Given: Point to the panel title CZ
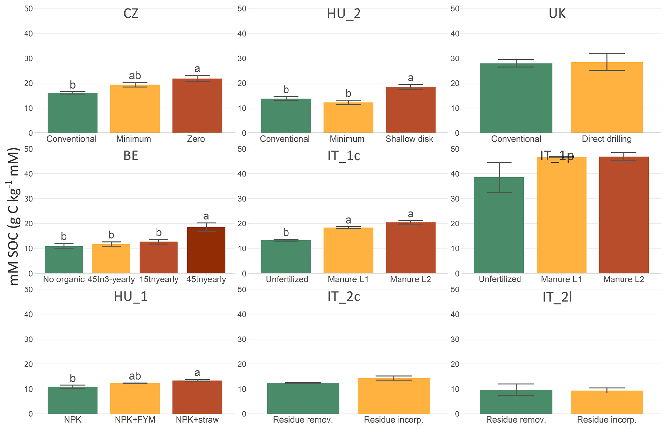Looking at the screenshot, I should point(131,14).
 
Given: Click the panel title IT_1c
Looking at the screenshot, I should point(344,156).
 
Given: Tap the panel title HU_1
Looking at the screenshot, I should point(131,297).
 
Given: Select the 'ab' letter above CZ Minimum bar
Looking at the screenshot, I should point(135,75).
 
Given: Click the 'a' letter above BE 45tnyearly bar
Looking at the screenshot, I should point(206,216).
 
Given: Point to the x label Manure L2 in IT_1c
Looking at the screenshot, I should point(410,279).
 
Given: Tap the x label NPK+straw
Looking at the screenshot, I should point(197,420).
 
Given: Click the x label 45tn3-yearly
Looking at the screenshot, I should point(111,279).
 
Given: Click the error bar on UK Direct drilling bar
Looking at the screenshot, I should point(607,62).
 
